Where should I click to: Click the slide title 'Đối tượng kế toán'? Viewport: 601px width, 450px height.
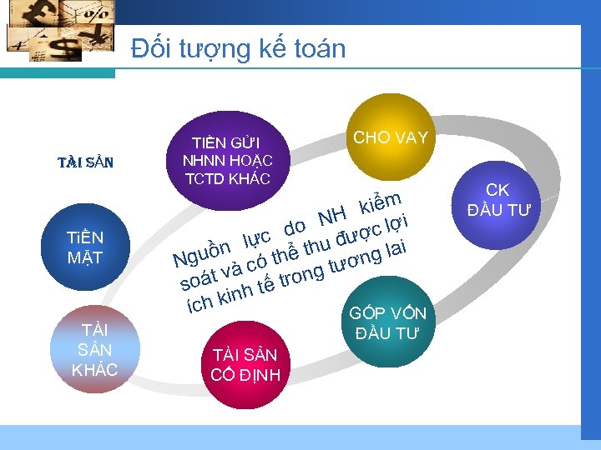(238, 48)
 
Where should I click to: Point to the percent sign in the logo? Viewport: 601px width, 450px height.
(97, 14)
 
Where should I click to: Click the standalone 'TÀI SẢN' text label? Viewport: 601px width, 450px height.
(85, 162)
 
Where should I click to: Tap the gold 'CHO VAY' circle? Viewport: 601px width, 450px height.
(391, 137)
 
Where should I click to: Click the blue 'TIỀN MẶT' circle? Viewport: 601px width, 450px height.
(85, 247)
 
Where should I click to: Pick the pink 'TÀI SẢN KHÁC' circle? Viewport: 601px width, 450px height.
(94, 349)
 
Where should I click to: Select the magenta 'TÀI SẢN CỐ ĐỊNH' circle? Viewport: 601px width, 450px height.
(245, 365)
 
